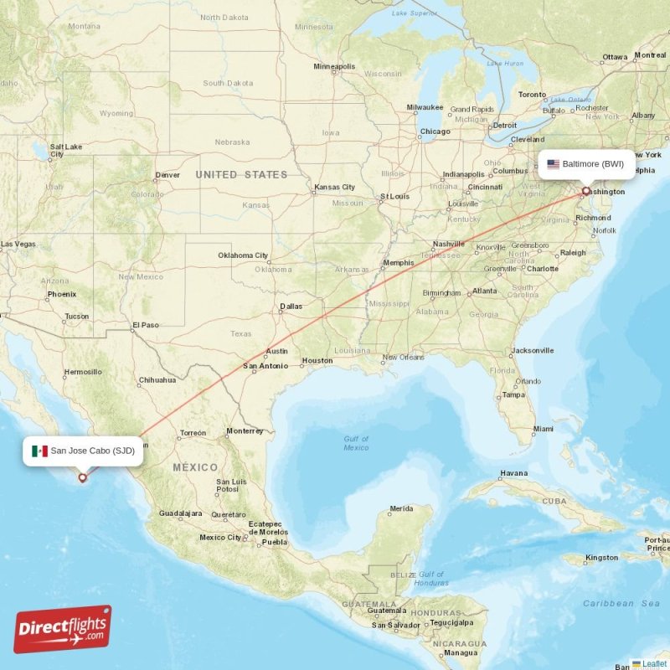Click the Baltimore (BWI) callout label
coord(585,164)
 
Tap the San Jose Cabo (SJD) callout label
coord(84,451)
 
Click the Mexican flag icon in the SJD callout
coord(39,451)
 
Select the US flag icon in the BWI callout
coord(553,164)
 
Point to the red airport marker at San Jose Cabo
coord(82,478)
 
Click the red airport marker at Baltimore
coord(585,191)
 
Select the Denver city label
coord(167,175)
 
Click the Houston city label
coord(317,361)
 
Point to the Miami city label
coord(543,429)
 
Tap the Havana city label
coord(513,473)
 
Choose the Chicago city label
coord(435,131)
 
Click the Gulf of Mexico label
coord(355,443)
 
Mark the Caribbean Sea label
coord(621,603)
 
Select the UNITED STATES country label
coord(240,175)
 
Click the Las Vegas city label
coord(18,245)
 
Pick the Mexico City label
coord(219,537)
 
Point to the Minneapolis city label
coord(334,66)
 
